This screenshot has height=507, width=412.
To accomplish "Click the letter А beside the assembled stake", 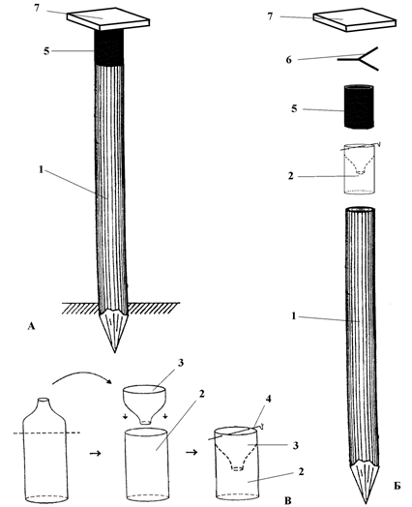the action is point(31,326).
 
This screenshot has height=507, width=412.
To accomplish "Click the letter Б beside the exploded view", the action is point(397,486).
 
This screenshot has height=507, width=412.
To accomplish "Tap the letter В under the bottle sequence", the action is point(288,501).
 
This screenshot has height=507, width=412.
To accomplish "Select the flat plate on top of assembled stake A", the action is point(108,19).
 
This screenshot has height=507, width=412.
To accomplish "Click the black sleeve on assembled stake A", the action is point(108,47).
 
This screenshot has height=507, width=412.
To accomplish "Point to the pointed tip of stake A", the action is point(114,352).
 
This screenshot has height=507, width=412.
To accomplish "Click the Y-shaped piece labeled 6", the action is point(360,59).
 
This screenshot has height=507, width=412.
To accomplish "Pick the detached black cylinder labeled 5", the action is point(359,106).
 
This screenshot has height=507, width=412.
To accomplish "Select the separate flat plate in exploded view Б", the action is point(355,20).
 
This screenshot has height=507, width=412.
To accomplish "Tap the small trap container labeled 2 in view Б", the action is point(359,168).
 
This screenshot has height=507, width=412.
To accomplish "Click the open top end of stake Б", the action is point(361,210).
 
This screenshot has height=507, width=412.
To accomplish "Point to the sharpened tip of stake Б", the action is point(366,503).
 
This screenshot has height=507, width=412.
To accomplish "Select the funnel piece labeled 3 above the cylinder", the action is point(144,404).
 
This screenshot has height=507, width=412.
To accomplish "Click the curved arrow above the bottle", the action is point(82,375).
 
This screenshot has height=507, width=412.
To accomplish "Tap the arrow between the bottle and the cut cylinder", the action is point(95,454).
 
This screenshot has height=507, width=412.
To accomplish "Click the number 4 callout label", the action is point(269,399).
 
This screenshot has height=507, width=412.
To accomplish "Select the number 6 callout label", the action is point(288,60).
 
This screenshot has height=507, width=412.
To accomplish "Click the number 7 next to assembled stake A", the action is point(37,8).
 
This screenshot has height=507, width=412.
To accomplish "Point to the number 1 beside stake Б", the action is point(294,315).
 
